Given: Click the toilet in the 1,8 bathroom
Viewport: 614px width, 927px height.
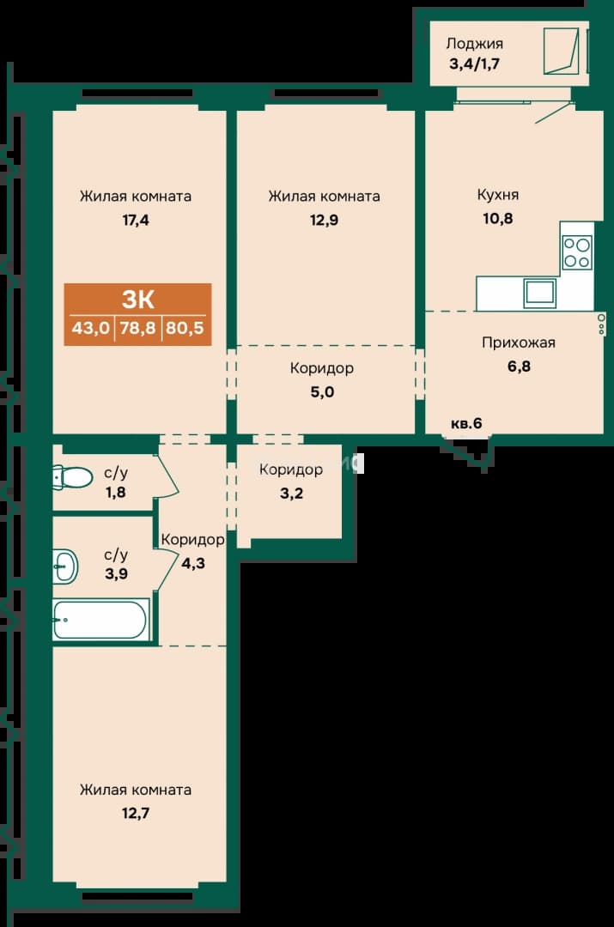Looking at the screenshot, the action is point(71,477).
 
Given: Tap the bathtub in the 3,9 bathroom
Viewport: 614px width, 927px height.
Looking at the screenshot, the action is point(100,619).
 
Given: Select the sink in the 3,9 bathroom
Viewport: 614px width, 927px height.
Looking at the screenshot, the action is point(65,566).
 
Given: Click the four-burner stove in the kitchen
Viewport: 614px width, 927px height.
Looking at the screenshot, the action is point(576,252).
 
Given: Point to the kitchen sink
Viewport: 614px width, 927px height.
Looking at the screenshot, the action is point(539,294).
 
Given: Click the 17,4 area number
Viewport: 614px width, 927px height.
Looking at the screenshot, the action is point(136,221).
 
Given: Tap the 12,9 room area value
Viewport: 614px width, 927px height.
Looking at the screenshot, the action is point(324,221).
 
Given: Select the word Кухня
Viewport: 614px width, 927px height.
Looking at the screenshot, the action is point(497,195).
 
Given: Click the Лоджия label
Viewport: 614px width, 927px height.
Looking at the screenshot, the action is point(474,44).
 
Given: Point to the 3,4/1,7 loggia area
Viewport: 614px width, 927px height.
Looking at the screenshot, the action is point(474,64).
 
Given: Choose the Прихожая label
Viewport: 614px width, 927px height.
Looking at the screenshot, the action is point(518,342).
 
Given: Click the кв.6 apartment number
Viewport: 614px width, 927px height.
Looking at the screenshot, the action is point(466,423).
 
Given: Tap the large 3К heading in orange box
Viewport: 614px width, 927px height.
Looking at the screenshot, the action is point(137,300).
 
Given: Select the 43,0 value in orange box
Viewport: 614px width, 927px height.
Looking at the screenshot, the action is point(90,328).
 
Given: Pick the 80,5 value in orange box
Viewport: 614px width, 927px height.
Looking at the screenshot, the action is point(185,328).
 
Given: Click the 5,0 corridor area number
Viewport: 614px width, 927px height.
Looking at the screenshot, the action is point(322,392).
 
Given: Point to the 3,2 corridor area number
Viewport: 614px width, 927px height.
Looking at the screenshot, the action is point(291,493).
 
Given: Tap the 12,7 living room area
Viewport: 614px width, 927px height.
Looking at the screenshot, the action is point(136,814).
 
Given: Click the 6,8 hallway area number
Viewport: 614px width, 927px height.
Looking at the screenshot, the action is point(519,367).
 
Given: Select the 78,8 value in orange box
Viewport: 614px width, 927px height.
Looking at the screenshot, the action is point(137,328).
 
